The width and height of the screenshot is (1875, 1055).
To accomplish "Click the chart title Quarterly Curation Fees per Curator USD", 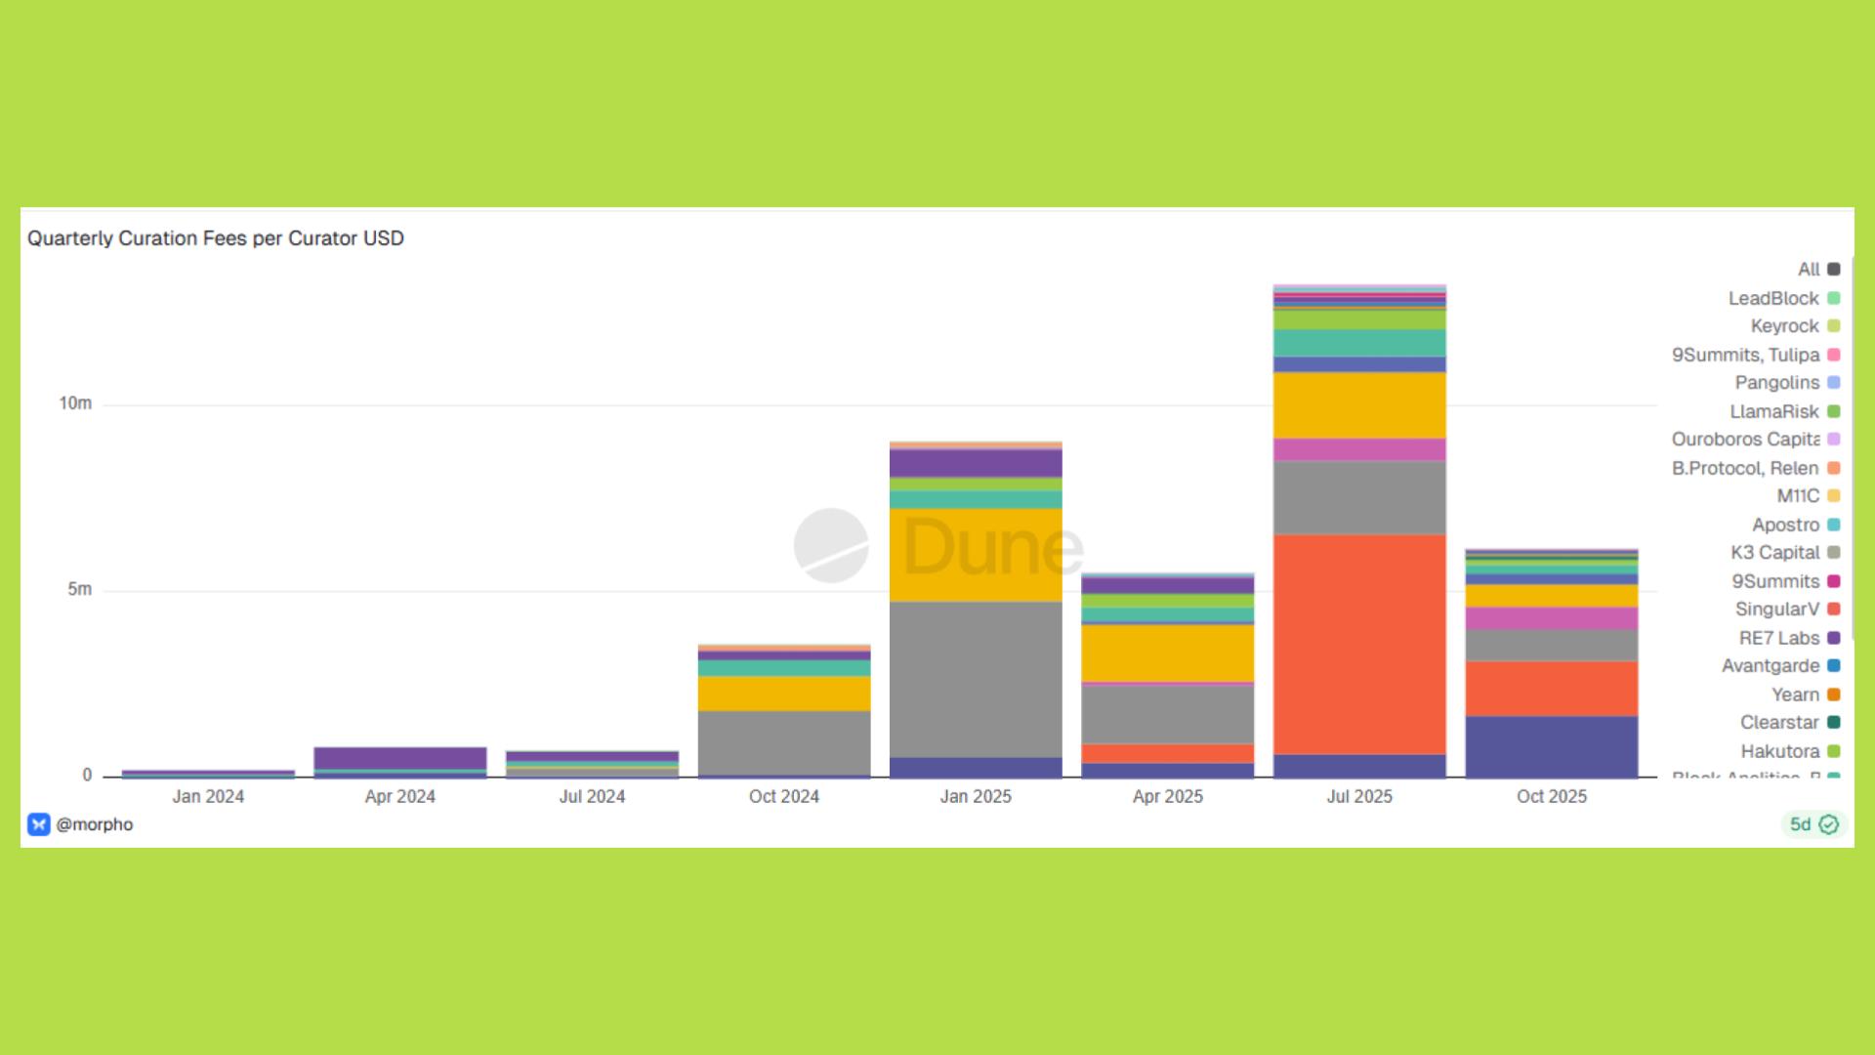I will point(216,238).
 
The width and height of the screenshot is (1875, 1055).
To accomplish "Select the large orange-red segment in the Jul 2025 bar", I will point(1359,644).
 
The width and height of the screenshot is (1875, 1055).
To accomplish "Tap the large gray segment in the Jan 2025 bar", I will point(976,679).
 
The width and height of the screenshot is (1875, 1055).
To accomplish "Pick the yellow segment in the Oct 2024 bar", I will point(784,694).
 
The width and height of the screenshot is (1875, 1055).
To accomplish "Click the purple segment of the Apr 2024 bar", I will point(400,758).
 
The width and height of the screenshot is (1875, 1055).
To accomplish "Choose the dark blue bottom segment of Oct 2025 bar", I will point(1552,746).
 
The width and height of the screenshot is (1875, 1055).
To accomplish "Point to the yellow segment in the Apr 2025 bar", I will point(1168,653).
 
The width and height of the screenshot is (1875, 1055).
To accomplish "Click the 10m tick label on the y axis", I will point(75,403).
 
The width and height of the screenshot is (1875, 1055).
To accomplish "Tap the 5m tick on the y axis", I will point(79,589).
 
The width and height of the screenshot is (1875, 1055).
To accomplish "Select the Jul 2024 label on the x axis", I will point(592,796).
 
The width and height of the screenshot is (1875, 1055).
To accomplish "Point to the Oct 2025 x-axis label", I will point(1552,796).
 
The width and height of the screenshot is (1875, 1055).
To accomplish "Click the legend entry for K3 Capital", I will point(1775,553).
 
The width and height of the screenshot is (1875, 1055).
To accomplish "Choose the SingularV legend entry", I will point(1777,610).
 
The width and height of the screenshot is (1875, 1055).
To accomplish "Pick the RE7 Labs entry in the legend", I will point(1779,638).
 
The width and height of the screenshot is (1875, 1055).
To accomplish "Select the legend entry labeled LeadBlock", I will point(1773,299).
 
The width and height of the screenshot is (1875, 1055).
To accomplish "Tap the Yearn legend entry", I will point(1795,695).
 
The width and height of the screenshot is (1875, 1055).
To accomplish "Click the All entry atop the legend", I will point(1809,270).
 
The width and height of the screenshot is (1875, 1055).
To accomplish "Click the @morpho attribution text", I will point(94,824).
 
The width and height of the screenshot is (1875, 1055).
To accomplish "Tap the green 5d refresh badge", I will point(1813,824).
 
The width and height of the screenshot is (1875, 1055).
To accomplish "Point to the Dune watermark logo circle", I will point(831,545).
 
